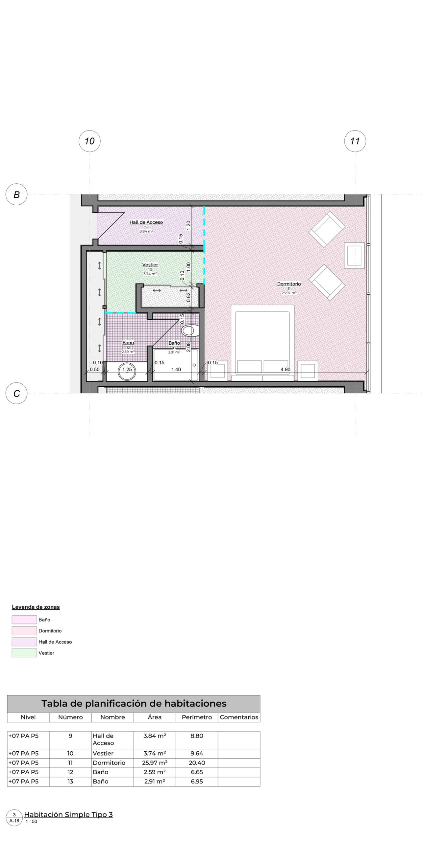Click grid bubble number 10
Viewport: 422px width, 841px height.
click(x=89, y=141)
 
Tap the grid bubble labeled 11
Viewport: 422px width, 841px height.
click(x=355, y=141)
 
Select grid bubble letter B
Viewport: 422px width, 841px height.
click(x=16, y=194)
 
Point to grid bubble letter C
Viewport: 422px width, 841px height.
click(x=16, y=393)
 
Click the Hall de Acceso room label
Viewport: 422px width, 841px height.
click(x=146, y=222)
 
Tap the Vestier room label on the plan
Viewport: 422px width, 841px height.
click(x=150, y=265)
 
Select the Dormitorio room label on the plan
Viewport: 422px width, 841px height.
click(x=289, y=284)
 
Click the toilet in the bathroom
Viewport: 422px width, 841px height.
click(x=190, y=330)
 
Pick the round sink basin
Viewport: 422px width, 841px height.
click(x=127, y=372)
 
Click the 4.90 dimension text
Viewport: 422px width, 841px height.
click(x=285, y=370)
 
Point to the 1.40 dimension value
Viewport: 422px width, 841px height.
click(x=176, y=370)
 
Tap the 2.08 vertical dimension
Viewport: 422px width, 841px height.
click(x=188, y=347)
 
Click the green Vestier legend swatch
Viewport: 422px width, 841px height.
click(x=24, y=653)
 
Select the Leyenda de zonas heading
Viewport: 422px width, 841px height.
click(x=36, y=607)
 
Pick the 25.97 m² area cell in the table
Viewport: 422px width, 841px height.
click(x=155, y=763)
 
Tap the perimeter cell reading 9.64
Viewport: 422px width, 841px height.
click(x=197, y=753)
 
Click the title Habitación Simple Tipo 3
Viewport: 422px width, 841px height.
click(x=68, y=815)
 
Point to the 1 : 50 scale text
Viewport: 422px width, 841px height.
click(x=31, y=822)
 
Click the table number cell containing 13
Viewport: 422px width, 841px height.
click(x=70, y=782)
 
